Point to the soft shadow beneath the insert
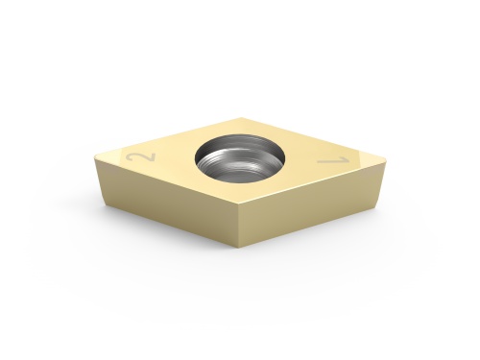point(240,264)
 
